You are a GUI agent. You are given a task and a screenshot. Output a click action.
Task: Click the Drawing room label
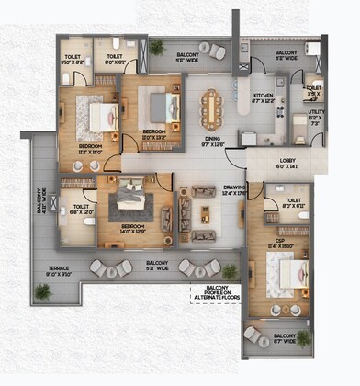pyautogui.click(x=234, y=189)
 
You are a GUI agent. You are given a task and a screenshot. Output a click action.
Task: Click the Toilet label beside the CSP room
pyautogui.click(x=294, y=203)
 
